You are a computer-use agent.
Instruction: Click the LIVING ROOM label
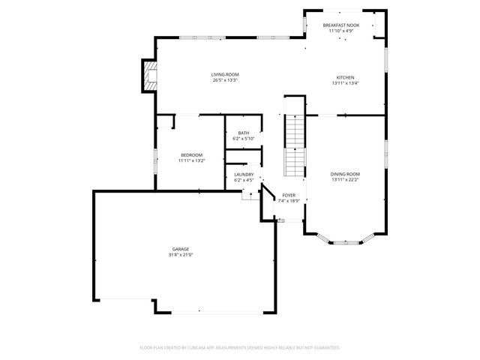[x=224, y=74]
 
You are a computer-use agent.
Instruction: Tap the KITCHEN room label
[x=345, y=78]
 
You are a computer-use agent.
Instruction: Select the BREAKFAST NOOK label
[x=341, y=25]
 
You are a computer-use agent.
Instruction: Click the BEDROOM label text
[x=191, y=154]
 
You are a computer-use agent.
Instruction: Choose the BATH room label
[x=244, y=133]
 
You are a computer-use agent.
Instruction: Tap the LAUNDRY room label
[x=244, y=175]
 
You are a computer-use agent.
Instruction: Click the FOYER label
[x=289, y=195]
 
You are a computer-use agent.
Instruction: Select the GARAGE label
[x=181, y=249]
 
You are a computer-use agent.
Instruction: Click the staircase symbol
[x=295, y=147]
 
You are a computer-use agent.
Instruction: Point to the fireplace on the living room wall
[x=150, y=76]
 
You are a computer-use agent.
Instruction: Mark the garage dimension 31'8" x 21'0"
[x=181, y=255]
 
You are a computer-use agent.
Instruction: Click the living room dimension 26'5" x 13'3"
[x=224, y=80]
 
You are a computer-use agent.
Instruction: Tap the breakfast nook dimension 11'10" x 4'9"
[x=341, y=31]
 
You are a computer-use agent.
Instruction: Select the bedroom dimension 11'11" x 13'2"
[x=191, y=160]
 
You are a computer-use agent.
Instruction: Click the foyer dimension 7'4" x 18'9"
[x=289, y=201]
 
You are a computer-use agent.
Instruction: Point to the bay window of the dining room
[x=345, y=241]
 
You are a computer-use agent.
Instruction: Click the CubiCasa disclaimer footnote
[x=240, y=348]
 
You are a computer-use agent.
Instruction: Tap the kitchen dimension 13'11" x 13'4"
[x=345, y=84]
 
